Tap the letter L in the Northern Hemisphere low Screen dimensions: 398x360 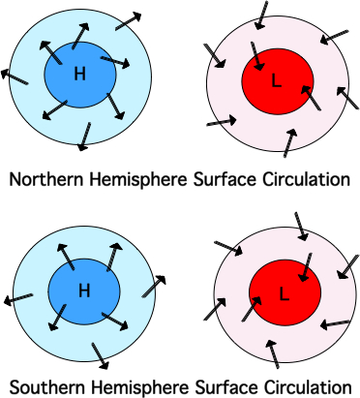tap(276, 83)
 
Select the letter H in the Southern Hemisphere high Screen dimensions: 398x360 tap(83, 290)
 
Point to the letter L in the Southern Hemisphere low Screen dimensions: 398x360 tap(284, 291)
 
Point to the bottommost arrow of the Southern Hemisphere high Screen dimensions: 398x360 tap(99, 356)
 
